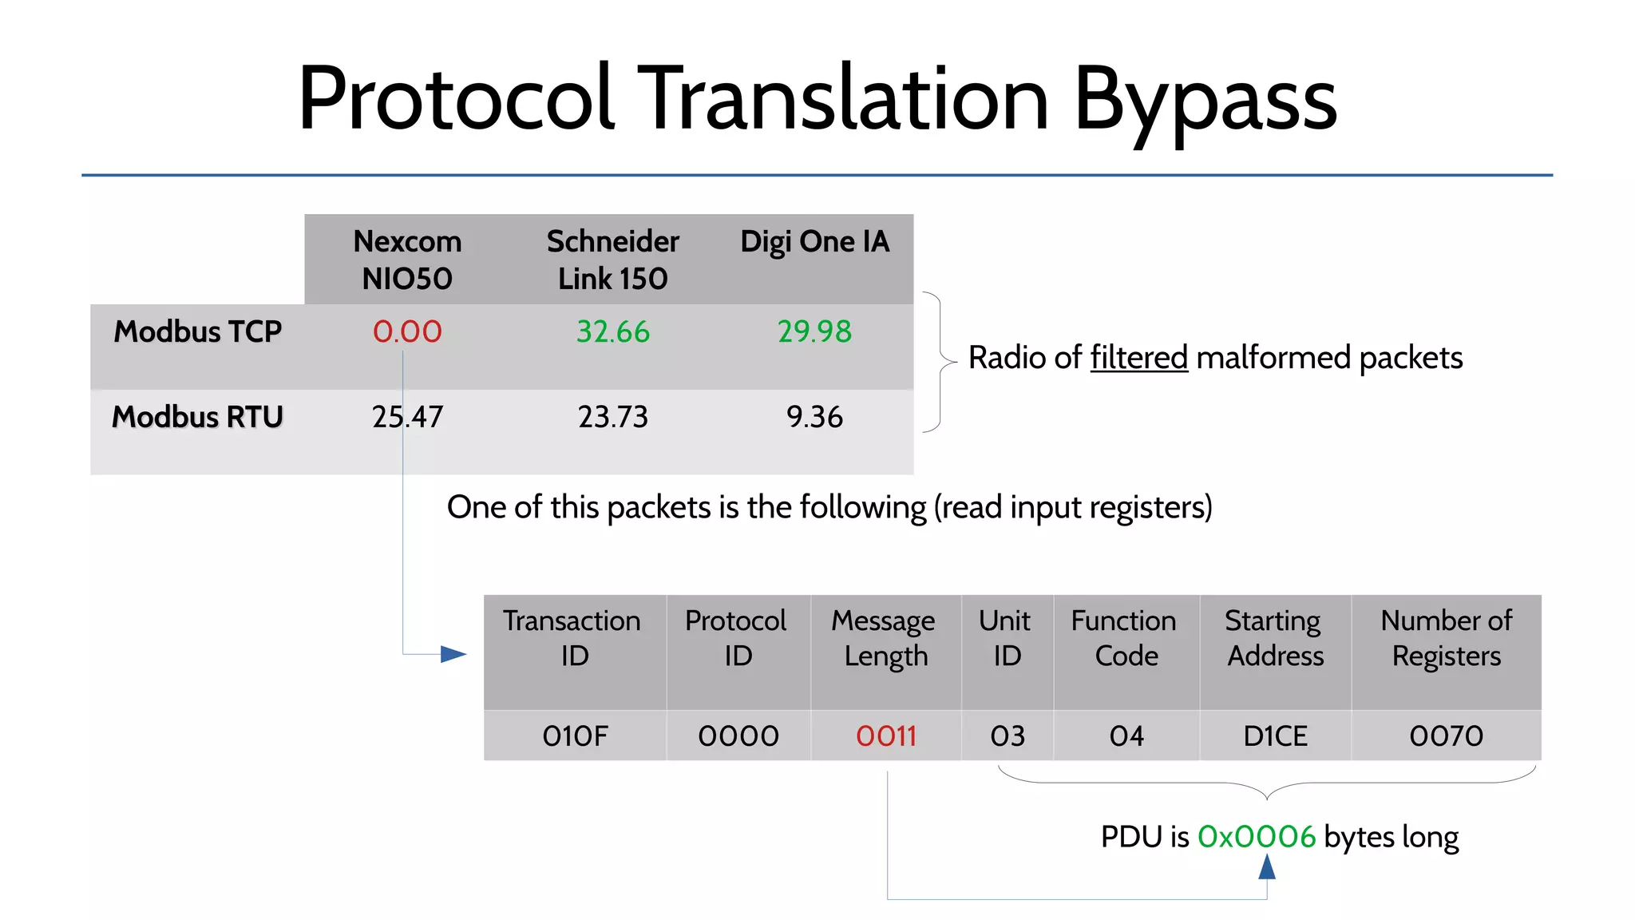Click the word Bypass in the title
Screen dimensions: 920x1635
1204,100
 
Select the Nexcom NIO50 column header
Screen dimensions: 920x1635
407,260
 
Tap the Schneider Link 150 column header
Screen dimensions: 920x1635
612,260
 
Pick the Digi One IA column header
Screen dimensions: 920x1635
814,242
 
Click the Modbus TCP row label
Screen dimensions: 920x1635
197,331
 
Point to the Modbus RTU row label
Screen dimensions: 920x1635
197,417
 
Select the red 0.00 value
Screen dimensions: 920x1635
407,331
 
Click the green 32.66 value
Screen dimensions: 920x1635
613,331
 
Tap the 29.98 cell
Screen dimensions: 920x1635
814,331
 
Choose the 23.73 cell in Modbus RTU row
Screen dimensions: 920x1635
613,417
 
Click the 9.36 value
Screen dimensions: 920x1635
814,417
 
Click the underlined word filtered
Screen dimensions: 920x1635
1138,358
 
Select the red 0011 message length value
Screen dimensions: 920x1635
886,736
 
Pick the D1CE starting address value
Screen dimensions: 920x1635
1275,736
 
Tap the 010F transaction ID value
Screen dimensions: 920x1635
575,736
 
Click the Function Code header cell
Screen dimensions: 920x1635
1126,638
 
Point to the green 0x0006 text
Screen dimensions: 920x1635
1256,837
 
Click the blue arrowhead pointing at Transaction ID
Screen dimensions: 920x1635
453,654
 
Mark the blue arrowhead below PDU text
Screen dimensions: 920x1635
1267,866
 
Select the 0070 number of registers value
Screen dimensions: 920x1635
1446,736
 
